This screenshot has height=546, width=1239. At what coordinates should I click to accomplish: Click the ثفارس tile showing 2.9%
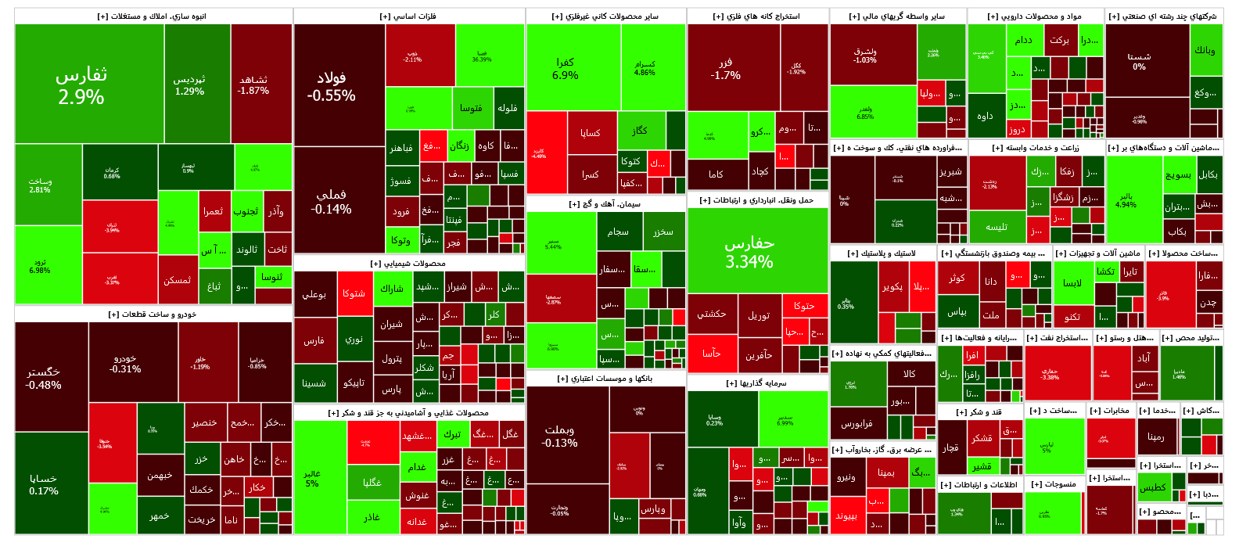(81, 84)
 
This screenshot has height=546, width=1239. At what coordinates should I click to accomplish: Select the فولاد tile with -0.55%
(331, 86)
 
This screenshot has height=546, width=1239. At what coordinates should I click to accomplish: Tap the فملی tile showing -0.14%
(331, 201)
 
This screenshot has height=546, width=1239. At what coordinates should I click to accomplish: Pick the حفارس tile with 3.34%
(749, 252)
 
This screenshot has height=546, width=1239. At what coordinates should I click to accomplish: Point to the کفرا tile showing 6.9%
(565, 68)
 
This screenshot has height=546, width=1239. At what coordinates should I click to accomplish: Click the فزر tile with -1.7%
(725, 69)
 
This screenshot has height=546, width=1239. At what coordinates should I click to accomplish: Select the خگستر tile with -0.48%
(43, 377)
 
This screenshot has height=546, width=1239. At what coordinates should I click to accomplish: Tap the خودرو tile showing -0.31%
(125, 364)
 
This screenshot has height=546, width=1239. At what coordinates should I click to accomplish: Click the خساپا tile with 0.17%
(43, 484)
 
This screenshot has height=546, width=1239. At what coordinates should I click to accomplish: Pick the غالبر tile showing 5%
(312, 478)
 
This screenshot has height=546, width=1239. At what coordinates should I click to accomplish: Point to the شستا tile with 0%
(1139, 61)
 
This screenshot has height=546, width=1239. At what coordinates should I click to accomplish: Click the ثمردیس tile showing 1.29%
(189, 84)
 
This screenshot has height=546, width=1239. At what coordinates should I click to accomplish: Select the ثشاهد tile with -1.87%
(253, 84)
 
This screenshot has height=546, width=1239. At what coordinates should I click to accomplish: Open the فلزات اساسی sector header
(408, 16)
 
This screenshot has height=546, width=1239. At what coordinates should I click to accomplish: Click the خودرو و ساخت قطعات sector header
(153, 314)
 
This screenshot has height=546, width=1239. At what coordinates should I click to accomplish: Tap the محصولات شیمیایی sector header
(408, 264)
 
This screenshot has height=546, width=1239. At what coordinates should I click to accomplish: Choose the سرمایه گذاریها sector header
(756, 383)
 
